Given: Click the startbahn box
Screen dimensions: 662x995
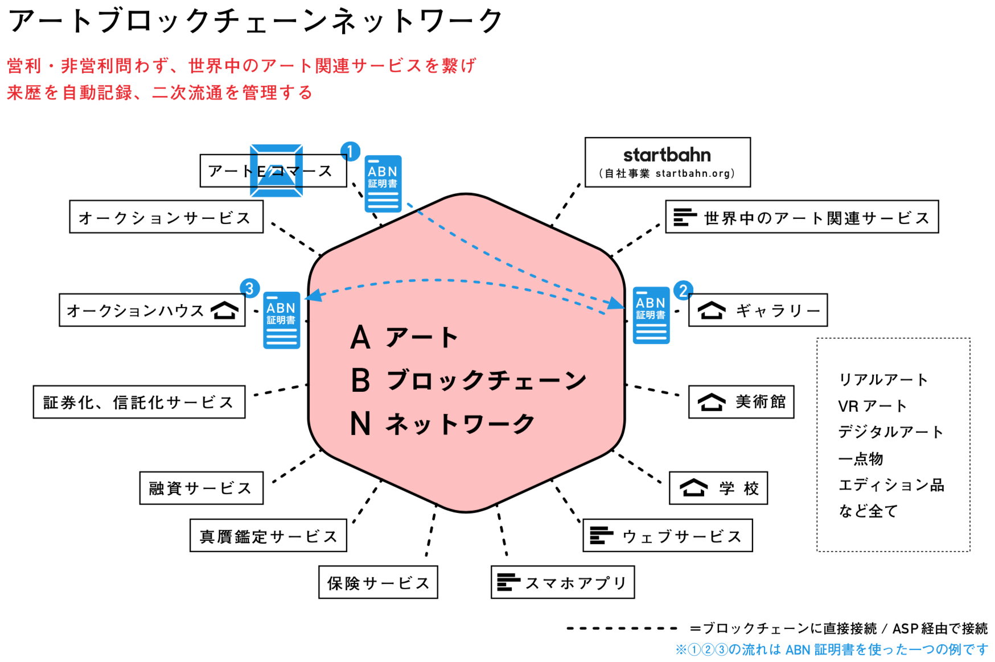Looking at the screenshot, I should pos(667,162).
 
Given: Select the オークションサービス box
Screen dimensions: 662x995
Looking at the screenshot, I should pos(166,217).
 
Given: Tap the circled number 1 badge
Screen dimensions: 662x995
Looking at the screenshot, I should pos(350,151).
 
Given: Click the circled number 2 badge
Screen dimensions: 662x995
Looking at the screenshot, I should pos(683,291).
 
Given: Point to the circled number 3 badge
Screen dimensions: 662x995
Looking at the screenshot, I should pos(249,288).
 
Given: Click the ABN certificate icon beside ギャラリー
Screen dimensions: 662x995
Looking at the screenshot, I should pos(651,315).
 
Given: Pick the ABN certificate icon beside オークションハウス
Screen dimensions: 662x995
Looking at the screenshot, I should pos(281,320).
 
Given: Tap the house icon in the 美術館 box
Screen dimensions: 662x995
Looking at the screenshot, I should pos(712,402).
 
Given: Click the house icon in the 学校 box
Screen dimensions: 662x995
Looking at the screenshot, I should pos(693,488).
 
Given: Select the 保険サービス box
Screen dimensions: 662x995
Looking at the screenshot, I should pos(378,582).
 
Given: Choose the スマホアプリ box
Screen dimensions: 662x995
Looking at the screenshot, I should pos(562,582).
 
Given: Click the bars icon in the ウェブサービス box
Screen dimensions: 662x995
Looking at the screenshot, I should pos(601,536).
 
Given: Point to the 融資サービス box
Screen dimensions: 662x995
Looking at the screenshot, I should pos(201,488).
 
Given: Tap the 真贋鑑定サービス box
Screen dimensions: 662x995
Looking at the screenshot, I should pos(268,536).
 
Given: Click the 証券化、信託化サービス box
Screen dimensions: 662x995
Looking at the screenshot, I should pos(139,402).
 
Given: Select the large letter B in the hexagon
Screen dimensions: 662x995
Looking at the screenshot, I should pos(361,380).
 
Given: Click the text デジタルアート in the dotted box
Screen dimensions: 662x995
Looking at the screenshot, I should pos(890,432).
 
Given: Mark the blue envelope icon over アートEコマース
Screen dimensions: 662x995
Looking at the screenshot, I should pos(276,171).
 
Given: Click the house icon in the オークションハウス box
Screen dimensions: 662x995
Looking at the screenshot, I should pos(224,311).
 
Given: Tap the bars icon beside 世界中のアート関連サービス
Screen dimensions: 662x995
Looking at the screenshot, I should pos(685,217).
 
